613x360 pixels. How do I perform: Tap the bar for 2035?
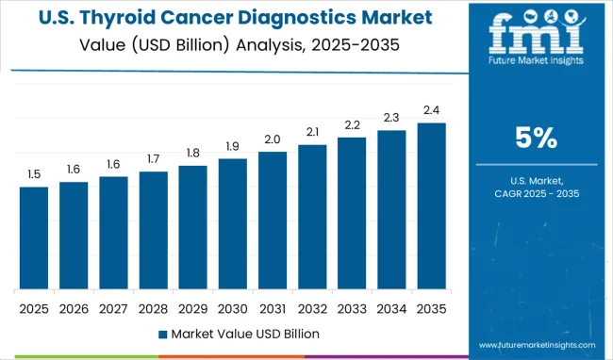(431, 206)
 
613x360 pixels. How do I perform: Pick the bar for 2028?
(153, 231)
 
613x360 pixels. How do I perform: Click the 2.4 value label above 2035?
(431, 109)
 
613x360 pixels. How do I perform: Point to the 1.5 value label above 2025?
(34, 173)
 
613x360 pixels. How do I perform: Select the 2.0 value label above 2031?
(272, 139)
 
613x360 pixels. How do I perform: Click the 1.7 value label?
(153, 158)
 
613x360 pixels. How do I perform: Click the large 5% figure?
(535, 139)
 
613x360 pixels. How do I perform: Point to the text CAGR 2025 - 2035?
(535, 193)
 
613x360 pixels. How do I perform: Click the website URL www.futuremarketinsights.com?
(535, 343)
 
